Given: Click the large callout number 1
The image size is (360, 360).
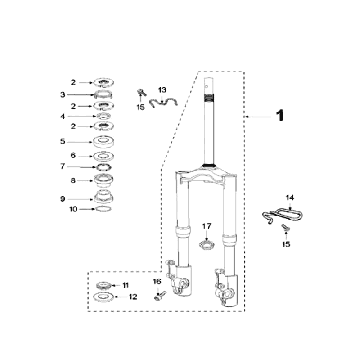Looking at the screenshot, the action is (x=280, y=116).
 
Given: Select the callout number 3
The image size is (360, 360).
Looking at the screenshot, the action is (x=63, y=95).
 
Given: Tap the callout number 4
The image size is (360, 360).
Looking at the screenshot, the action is (x=63, y=116).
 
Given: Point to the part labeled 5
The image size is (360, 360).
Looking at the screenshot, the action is (x=103, y=142).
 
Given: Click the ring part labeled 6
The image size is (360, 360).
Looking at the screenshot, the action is (x=103, y=156).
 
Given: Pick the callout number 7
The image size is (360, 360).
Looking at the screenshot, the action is (x=63, y=166).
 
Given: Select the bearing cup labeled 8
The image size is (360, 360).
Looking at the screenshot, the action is (x=103, y=180).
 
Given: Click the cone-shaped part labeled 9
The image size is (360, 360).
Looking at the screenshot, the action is (x=103, y=196).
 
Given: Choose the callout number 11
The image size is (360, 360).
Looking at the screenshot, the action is (x=125, y=285).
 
